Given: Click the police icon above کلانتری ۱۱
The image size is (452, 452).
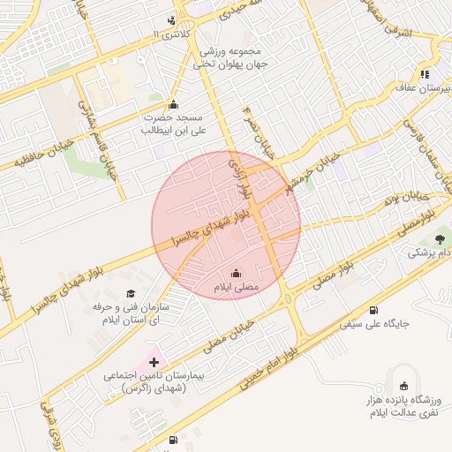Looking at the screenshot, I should [x=171, y=19].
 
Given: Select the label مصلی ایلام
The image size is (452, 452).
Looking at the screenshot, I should [x=235, y=288].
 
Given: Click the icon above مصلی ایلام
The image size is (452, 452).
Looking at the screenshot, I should [x=236, y=273].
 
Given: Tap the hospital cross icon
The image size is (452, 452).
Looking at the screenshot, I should [x=155, y=361].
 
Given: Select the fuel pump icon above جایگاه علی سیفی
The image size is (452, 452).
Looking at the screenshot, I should [x=374, y=309].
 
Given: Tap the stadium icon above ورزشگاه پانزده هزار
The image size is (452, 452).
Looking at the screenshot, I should [x=404, y=385].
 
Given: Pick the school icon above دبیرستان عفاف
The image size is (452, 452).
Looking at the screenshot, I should [x=425, y=74].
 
